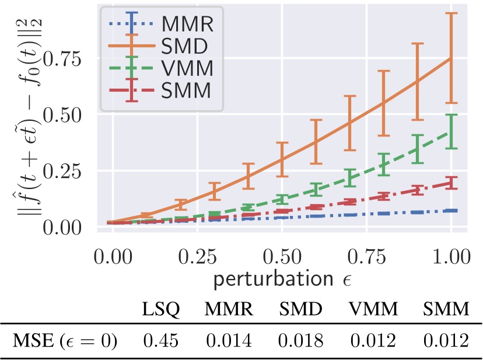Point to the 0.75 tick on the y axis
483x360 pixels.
[64, 59]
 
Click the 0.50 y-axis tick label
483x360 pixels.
[64, 115]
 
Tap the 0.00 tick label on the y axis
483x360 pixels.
[64, 226]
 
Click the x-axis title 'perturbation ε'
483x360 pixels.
[281, 279]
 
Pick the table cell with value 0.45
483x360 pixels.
[161, 341]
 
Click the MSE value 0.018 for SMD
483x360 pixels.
[301, 341]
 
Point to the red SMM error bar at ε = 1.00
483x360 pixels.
[451, 183]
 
